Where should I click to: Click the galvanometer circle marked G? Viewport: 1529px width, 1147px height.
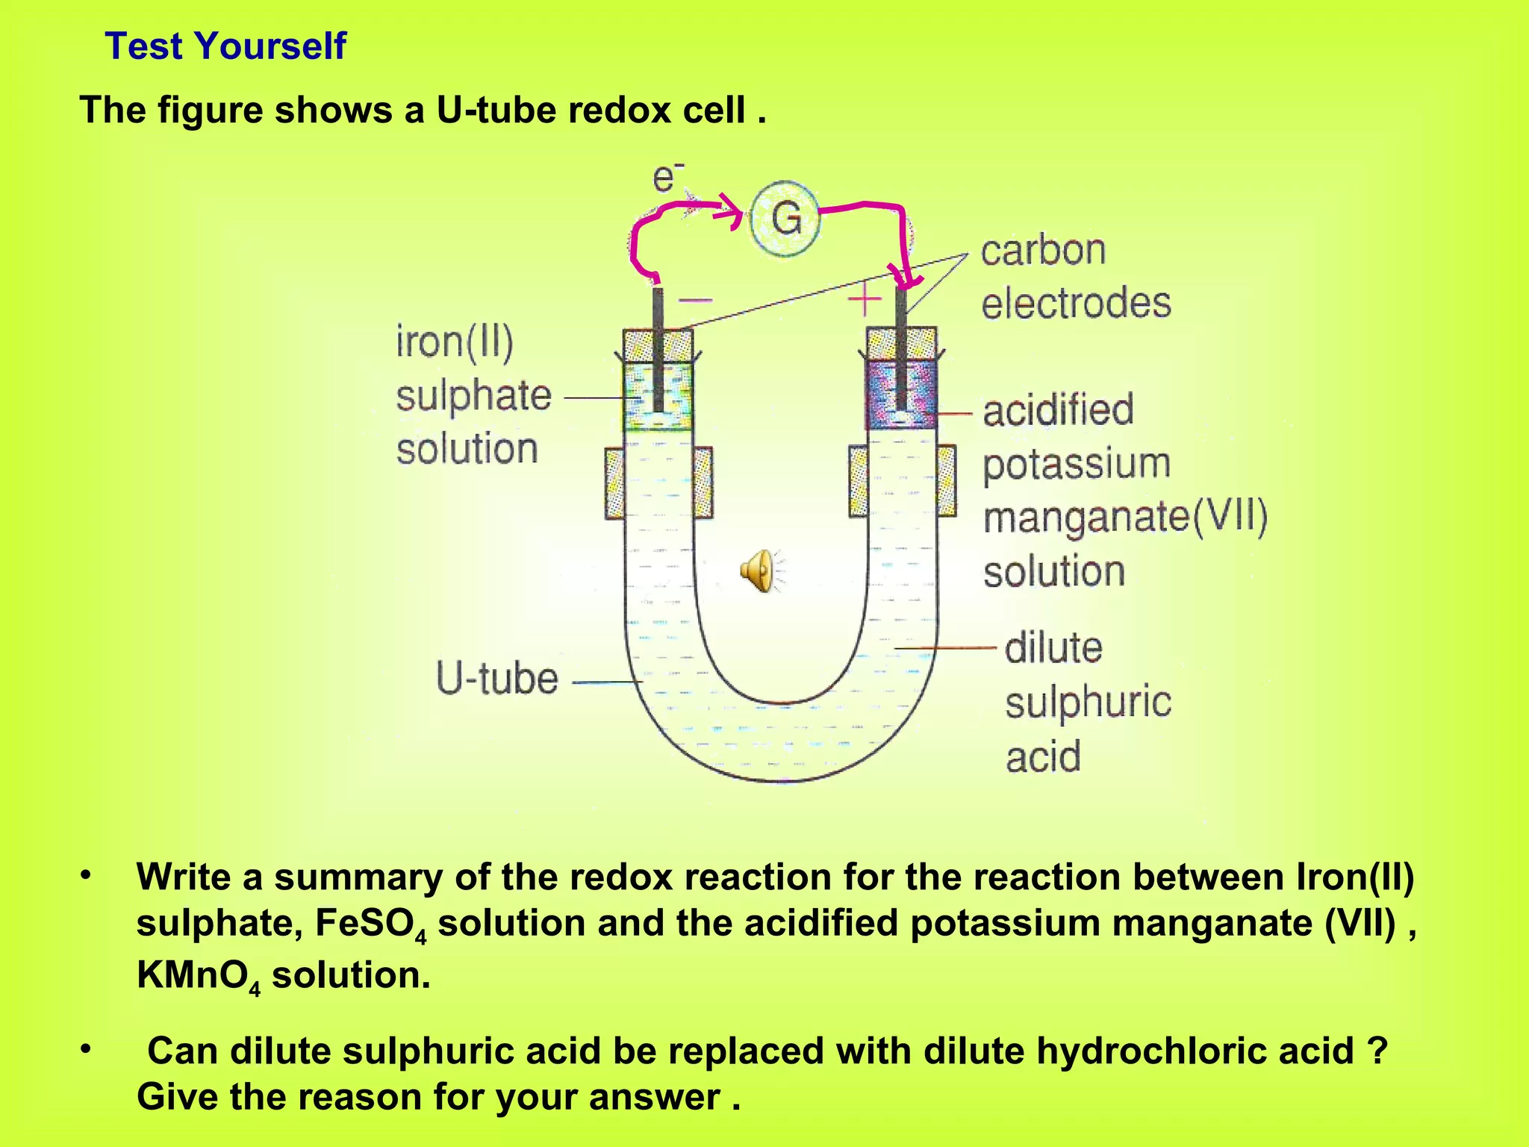[x=785, y=218]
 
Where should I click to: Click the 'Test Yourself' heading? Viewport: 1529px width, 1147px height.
[x=225, y=46]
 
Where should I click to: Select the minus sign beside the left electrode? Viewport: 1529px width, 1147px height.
[x=695, y=301]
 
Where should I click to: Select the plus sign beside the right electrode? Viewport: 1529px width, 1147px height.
[x=865, y=301]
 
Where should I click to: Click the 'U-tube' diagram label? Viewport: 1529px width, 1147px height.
[x=496, y=678]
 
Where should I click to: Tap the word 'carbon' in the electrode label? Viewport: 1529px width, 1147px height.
[x=1042, y=251]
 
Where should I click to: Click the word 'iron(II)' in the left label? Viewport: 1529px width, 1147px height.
[x=455, y=342]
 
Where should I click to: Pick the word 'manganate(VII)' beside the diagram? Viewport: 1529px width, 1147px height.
[x=1125, y=517]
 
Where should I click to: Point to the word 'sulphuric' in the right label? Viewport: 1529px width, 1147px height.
[x=1088, y=703]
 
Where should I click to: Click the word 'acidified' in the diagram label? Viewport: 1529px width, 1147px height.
[x=1058, y=410]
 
